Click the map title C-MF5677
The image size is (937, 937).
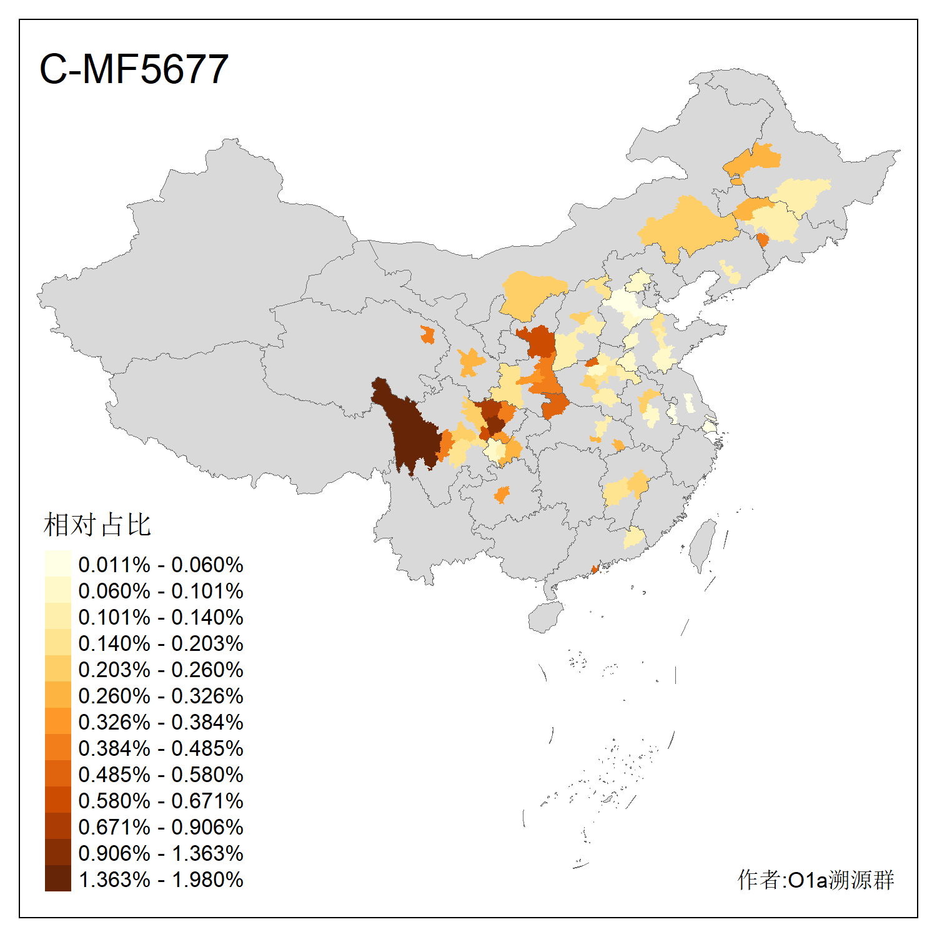(134, 69)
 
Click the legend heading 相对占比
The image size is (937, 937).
(97, 525)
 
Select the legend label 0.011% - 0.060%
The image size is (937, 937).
(161, 565)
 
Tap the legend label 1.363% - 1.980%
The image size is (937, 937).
(161, 880)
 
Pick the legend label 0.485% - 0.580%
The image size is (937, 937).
(161, 775)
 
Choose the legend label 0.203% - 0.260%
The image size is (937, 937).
(161, 670)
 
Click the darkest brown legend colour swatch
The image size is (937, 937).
(57, 878)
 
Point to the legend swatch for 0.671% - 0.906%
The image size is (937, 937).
(57, 826)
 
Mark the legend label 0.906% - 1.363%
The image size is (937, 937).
(161, 853)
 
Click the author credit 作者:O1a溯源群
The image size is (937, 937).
(815, 880)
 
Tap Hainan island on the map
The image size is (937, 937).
(545, 617)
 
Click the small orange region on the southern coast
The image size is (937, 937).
(595, 569)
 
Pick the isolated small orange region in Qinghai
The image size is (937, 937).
(427, 335)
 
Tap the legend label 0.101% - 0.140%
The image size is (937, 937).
(161, 617)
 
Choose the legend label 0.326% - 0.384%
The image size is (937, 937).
(161, 722)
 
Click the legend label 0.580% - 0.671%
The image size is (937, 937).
(161, 801)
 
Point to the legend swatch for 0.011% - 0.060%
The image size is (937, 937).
(57, 563)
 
